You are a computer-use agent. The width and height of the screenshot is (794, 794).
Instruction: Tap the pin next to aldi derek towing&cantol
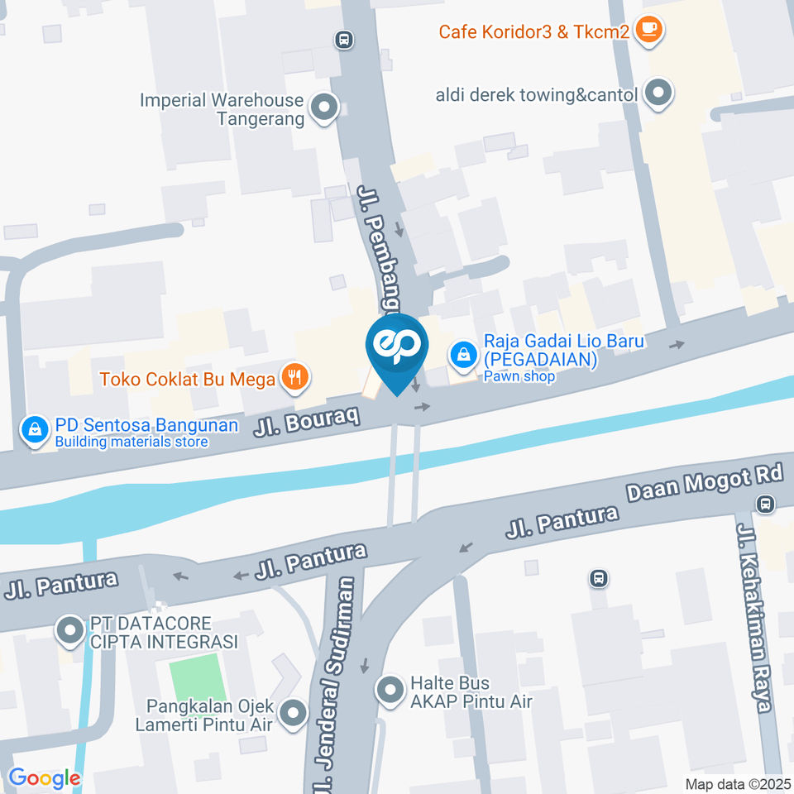click(658, 94)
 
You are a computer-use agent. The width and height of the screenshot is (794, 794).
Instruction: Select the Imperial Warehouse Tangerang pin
click(323, 108)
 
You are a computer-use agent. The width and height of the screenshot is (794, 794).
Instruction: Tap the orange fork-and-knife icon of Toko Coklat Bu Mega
click(294, 379)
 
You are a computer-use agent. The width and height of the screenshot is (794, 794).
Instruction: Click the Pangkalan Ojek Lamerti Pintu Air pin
click(293, 713)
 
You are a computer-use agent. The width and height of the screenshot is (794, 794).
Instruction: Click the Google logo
click(45, 778)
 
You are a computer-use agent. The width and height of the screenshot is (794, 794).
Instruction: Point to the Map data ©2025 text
click(737, 783)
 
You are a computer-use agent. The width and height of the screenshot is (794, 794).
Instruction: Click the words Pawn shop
click(519, 376)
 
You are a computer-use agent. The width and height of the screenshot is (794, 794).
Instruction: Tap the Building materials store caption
click(132, 442)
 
